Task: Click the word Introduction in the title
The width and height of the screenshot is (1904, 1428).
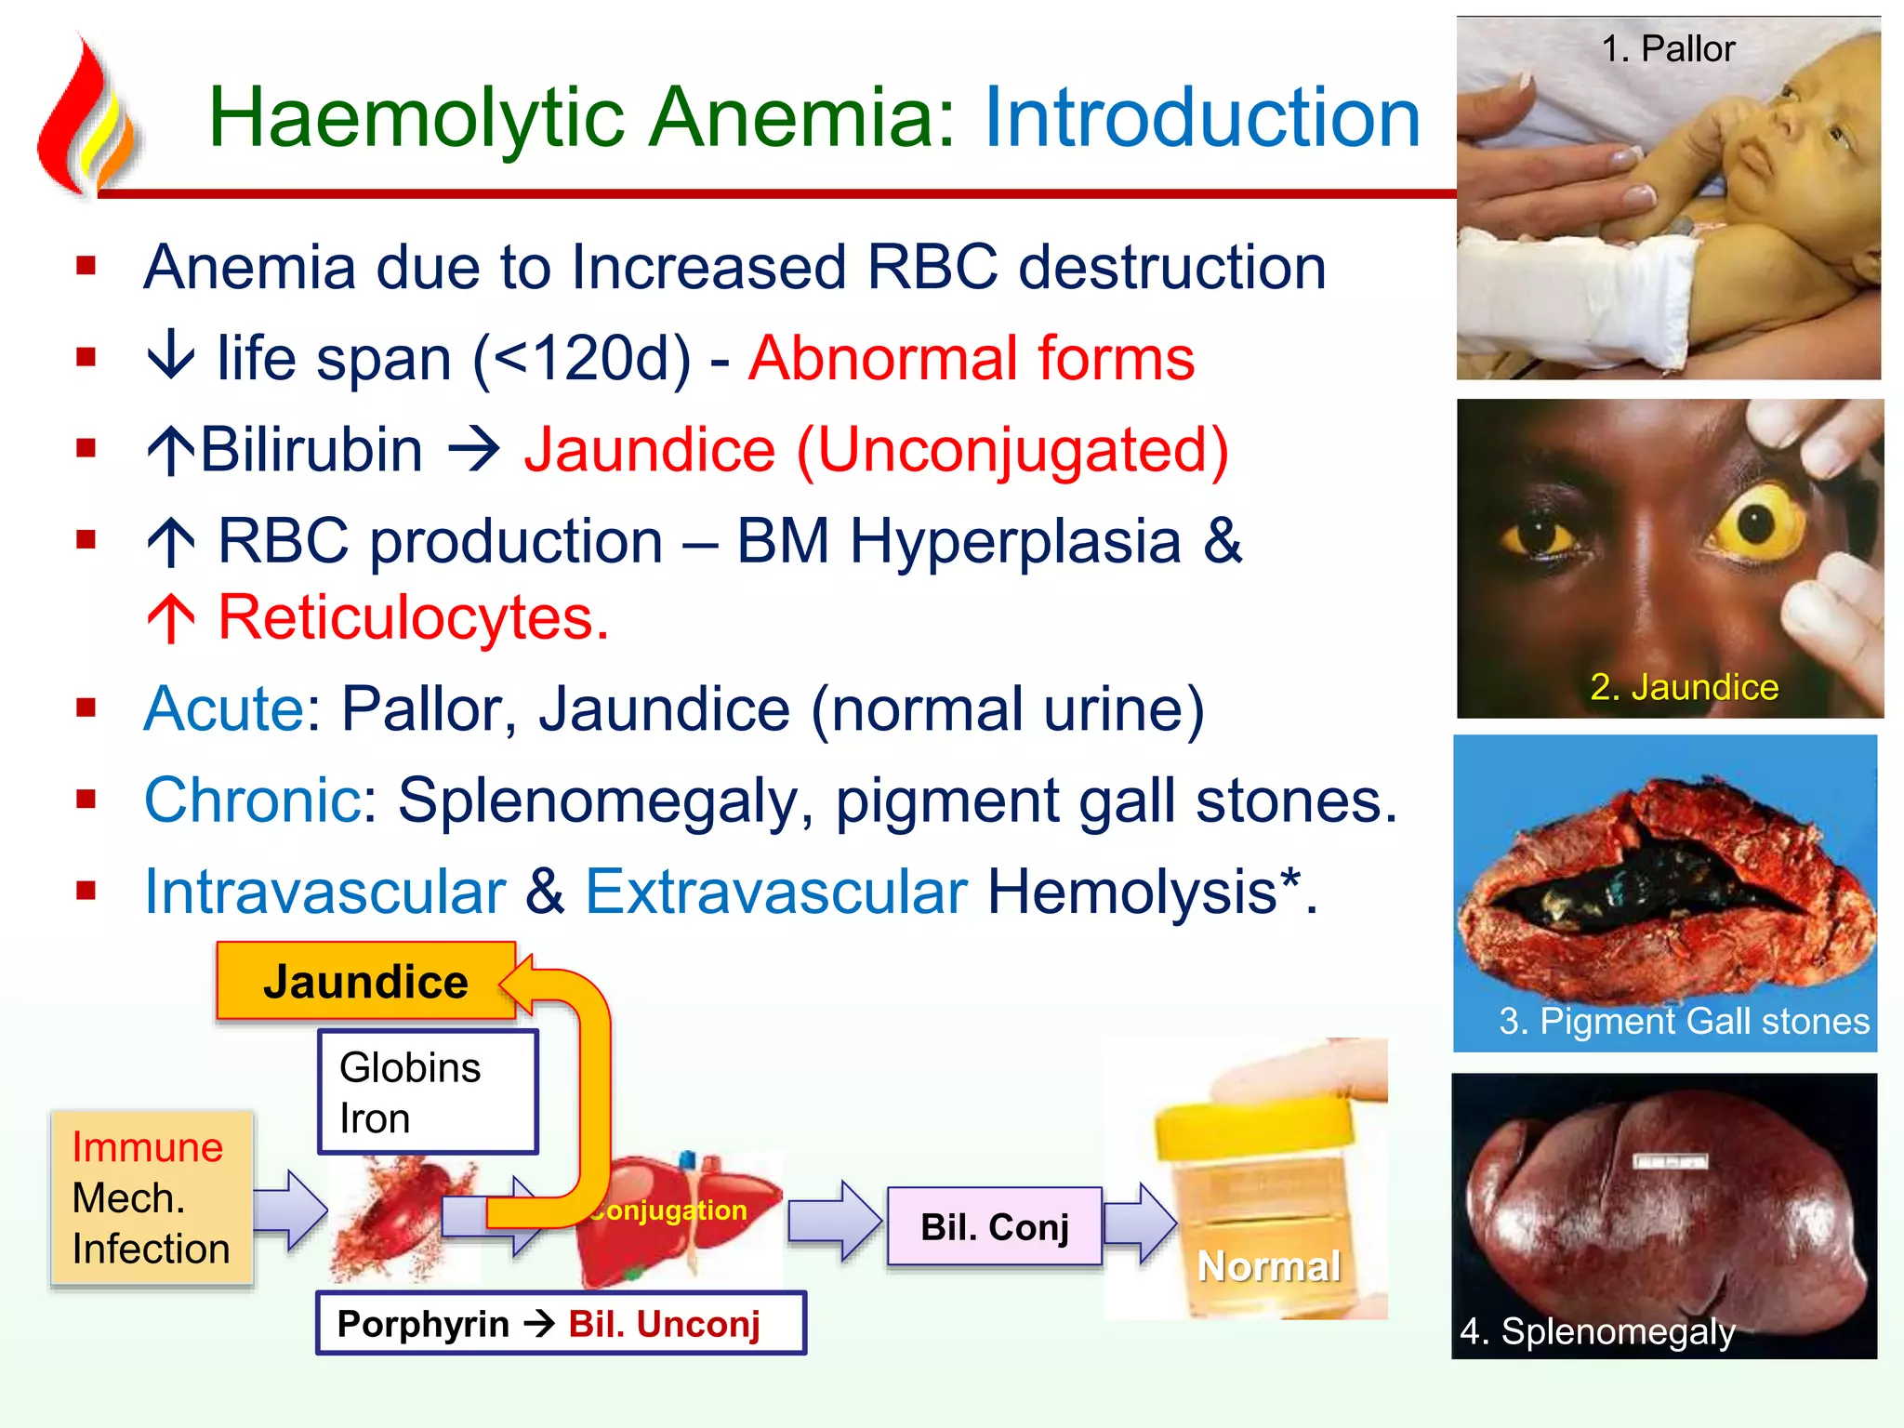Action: tap(1202, 118)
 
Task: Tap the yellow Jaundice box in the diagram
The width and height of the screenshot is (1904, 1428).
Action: tap(365, 982)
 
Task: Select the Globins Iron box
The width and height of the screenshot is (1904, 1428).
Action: tap(428, 1092)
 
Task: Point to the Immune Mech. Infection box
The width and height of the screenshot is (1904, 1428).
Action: tap(151, 1197)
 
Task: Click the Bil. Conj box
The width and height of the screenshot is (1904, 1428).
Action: tap(994, 1227)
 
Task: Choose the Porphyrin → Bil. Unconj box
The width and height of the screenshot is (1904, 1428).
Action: tap(560, 1323)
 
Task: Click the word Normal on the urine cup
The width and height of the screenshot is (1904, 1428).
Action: tap(1269, 1265)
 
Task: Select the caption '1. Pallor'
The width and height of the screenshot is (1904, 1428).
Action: tap(1668, 48)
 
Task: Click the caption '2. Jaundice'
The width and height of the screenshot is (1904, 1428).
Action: tap(1684, 687)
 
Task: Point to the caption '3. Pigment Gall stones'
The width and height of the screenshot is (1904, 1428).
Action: tap(1684, 1021)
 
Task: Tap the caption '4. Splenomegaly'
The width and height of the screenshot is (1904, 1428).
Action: tap(1597, 1330)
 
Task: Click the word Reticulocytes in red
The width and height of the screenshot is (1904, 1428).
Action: tap(413, 617)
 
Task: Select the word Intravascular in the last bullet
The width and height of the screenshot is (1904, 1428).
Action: tap(325, 892)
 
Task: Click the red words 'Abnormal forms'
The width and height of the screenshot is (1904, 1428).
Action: tap(972, 358)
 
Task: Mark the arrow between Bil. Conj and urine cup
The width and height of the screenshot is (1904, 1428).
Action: tap(1140, 1223)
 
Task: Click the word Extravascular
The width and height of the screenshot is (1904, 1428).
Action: tap(776, 892)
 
